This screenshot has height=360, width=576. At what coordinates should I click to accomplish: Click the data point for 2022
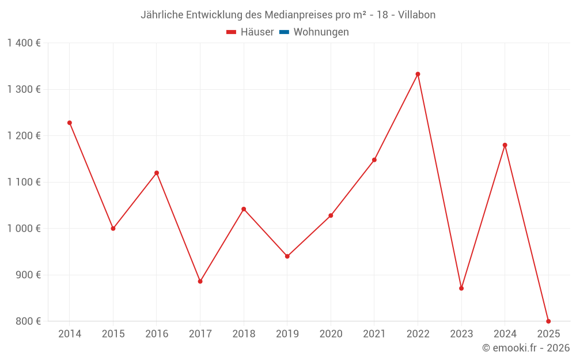(418, 74)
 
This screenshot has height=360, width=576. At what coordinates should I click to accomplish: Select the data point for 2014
(70, 123)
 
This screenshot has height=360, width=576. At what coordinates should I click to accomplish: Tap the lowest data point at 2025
(548, 321)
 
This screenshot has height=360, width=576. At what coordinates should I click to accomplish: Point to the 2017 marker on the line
(200, 282)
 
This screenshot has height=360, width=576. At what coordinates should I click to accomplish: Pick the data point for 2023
(461, 289)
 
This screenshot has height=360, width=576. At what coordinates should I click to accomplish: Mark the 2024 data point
(505, 145)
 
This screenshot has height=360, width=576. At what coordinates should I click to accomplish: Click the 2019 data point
(287, 256)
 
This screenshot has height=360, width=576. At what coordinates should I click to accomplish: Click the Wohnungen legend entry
(321, 32)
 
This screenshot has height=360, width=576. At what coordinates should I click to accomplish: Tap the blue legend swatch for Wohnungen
(284, 32)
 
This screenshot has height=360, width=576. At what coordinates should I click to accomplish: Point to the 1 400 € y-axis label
(24, 43)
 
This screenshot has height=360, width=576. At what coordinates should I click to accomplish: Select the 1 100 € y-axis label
(24, 182)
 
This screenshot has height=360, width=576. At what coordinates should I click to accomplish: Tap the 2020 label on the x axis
(331, 334)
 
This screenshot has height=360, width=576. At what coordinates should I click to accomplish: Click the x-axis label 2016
(157, 334)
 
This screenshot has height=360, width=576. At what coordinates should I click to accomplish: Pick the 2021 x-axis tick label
(374, 334)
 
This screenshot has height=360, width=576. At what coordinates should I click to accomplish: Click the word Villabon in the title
(417, 14)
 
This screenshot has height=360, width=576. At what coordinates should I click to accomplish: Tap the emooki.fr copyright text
(526, 348)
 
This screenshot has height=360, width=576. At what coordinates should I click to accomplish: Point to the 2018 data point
(244, 209)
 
